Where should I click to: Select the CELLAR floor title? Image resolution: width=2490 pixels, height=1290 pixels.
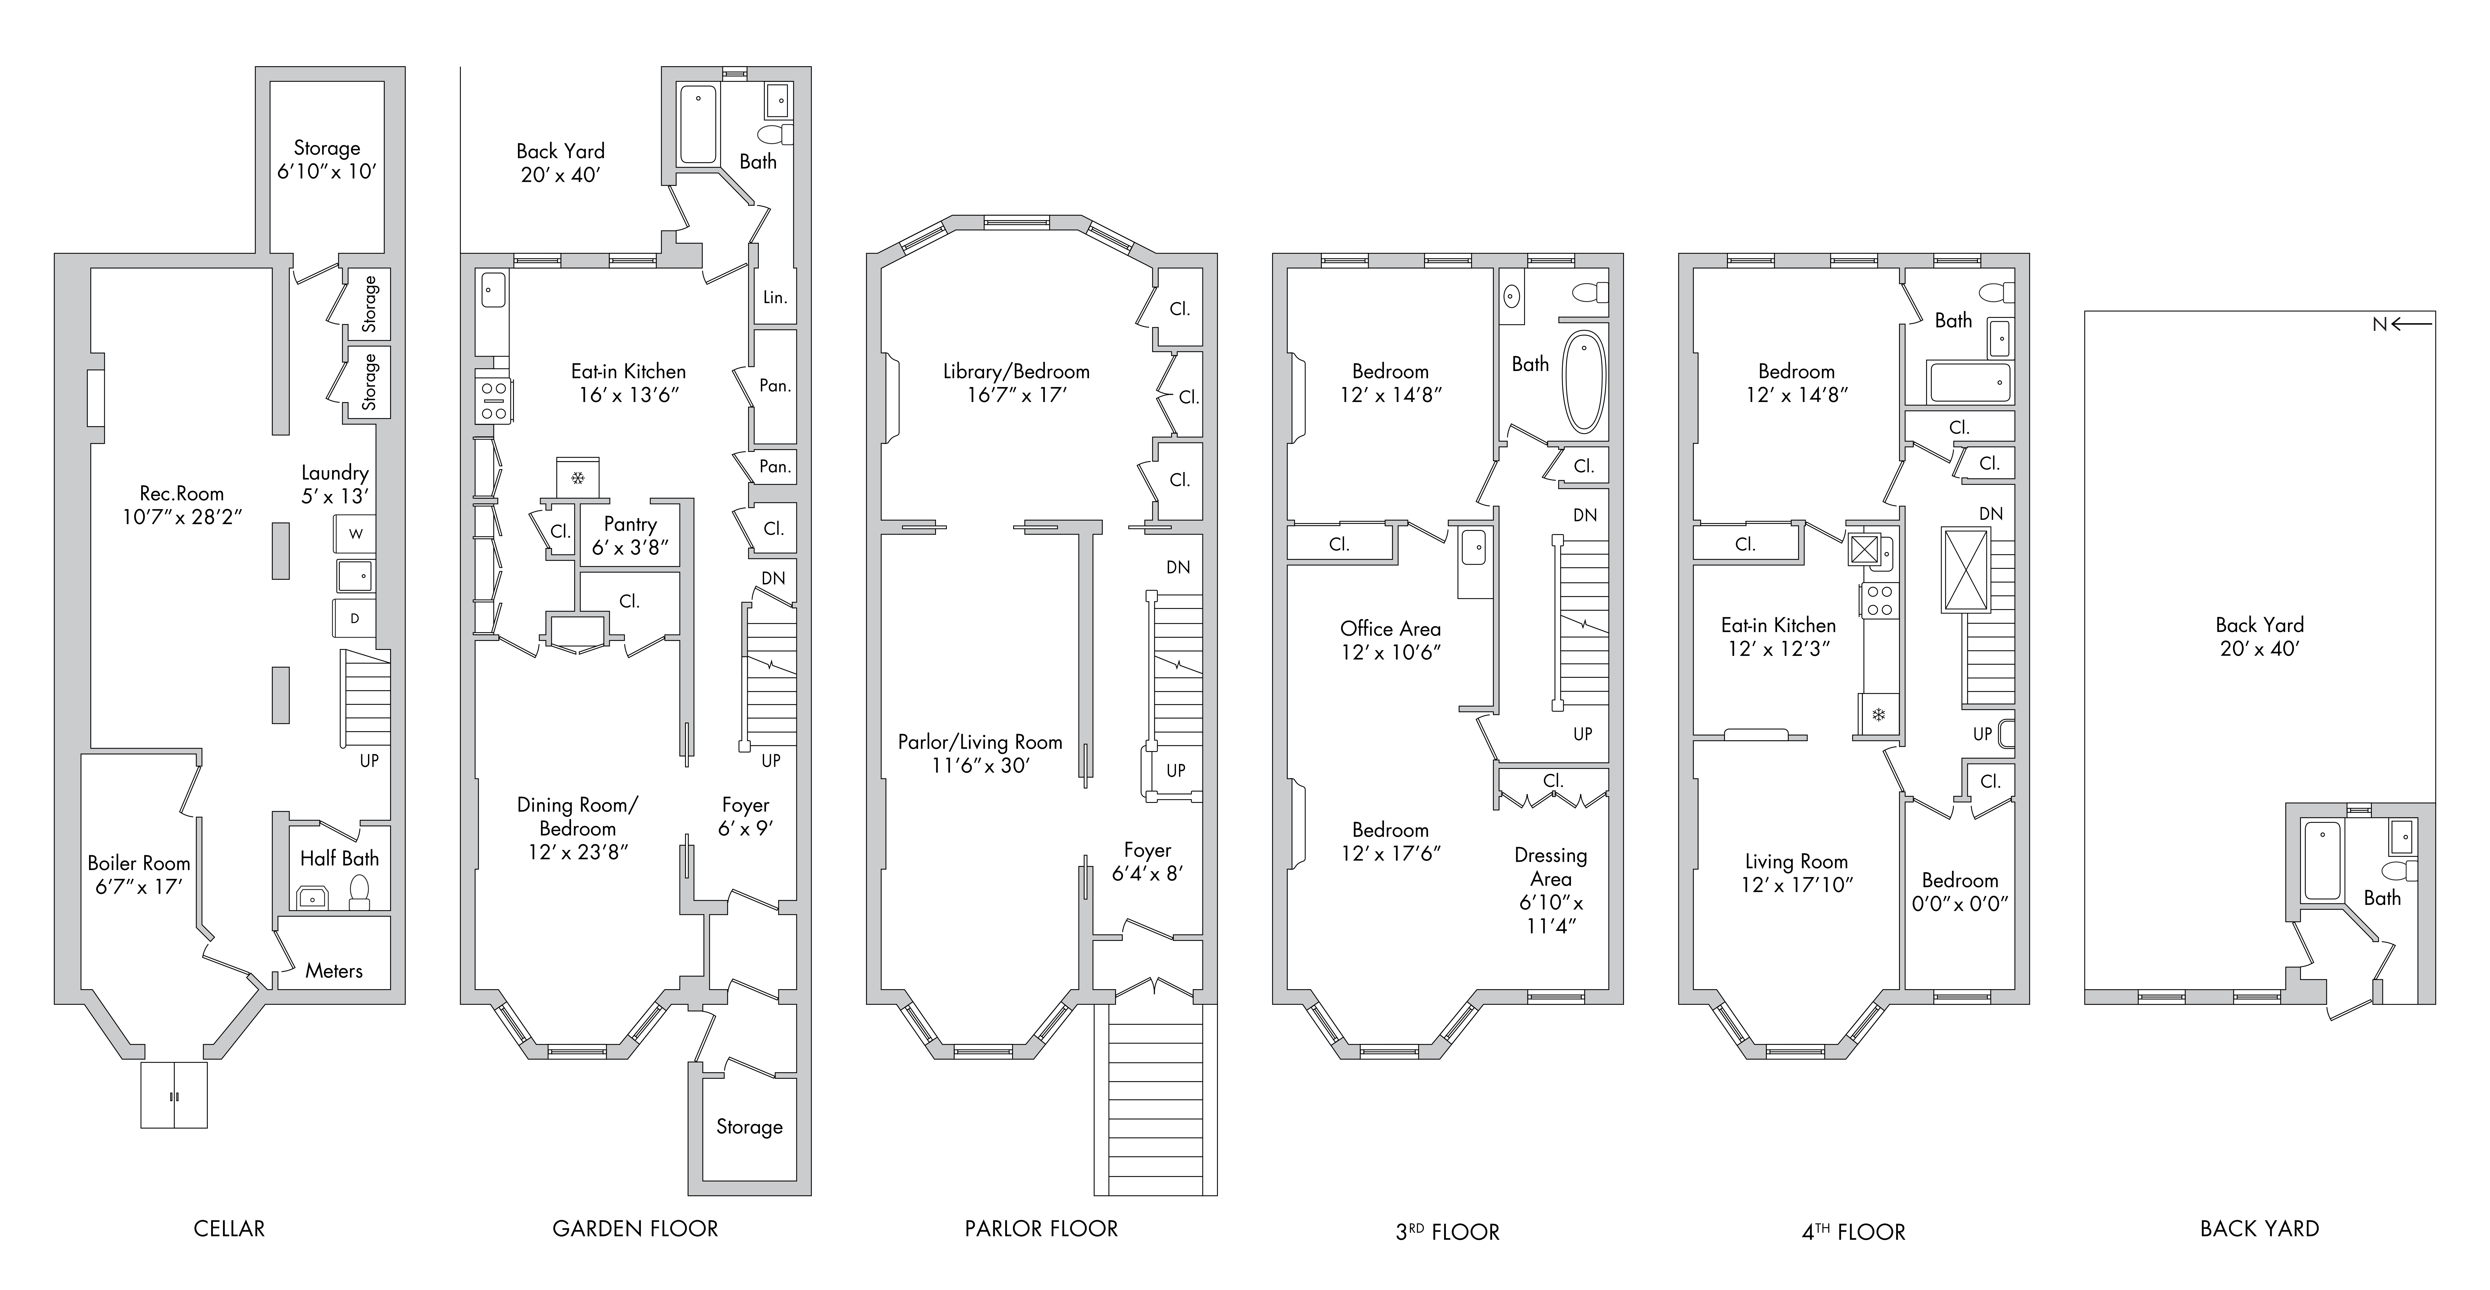(229, 1228)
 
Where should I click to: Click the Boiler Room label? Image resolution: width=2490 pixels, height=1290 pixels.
(139, 875)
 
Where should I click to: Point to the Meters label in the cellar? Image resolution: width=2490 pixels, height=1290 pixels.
(334, 970)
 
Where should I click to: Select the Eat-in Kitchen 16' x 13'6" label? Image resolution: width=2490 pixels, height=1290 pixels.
(628, 383)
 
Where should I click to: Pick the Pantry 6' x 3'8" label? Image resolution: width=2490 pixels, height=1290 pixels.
(630, 535)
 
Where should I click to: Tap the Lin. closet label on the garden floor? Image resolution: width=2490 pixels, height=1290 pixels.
(775, 297)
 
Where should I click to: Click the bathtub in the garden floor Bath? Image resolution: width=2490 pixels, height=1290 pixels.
(698, 126)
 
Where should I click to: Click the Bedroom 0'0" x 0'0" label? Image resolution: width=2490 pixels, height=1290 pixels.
(1960, 892)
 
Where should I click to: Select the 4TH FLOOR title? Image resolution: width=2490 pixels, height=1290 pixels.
(1854, 1231)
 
